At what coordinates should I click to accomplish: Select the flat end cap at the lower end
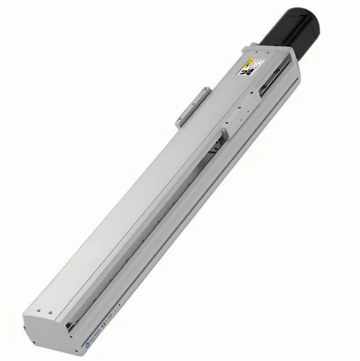[45, 325]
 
